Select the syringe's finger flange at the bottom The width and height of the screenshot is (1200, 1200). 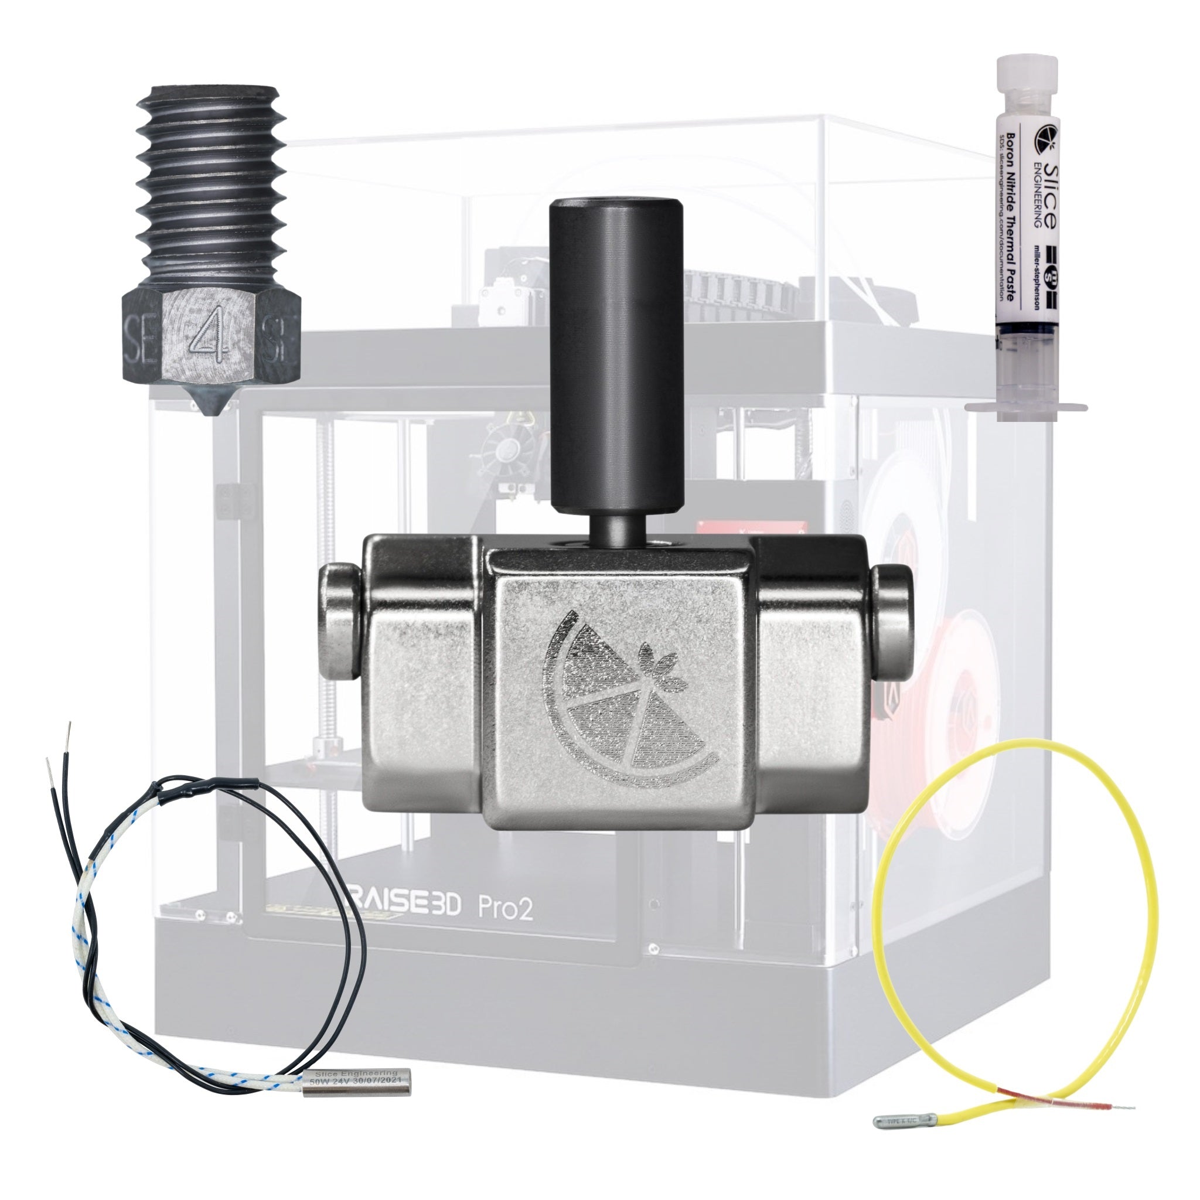pyautogui.click(x=1025, y=407)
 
